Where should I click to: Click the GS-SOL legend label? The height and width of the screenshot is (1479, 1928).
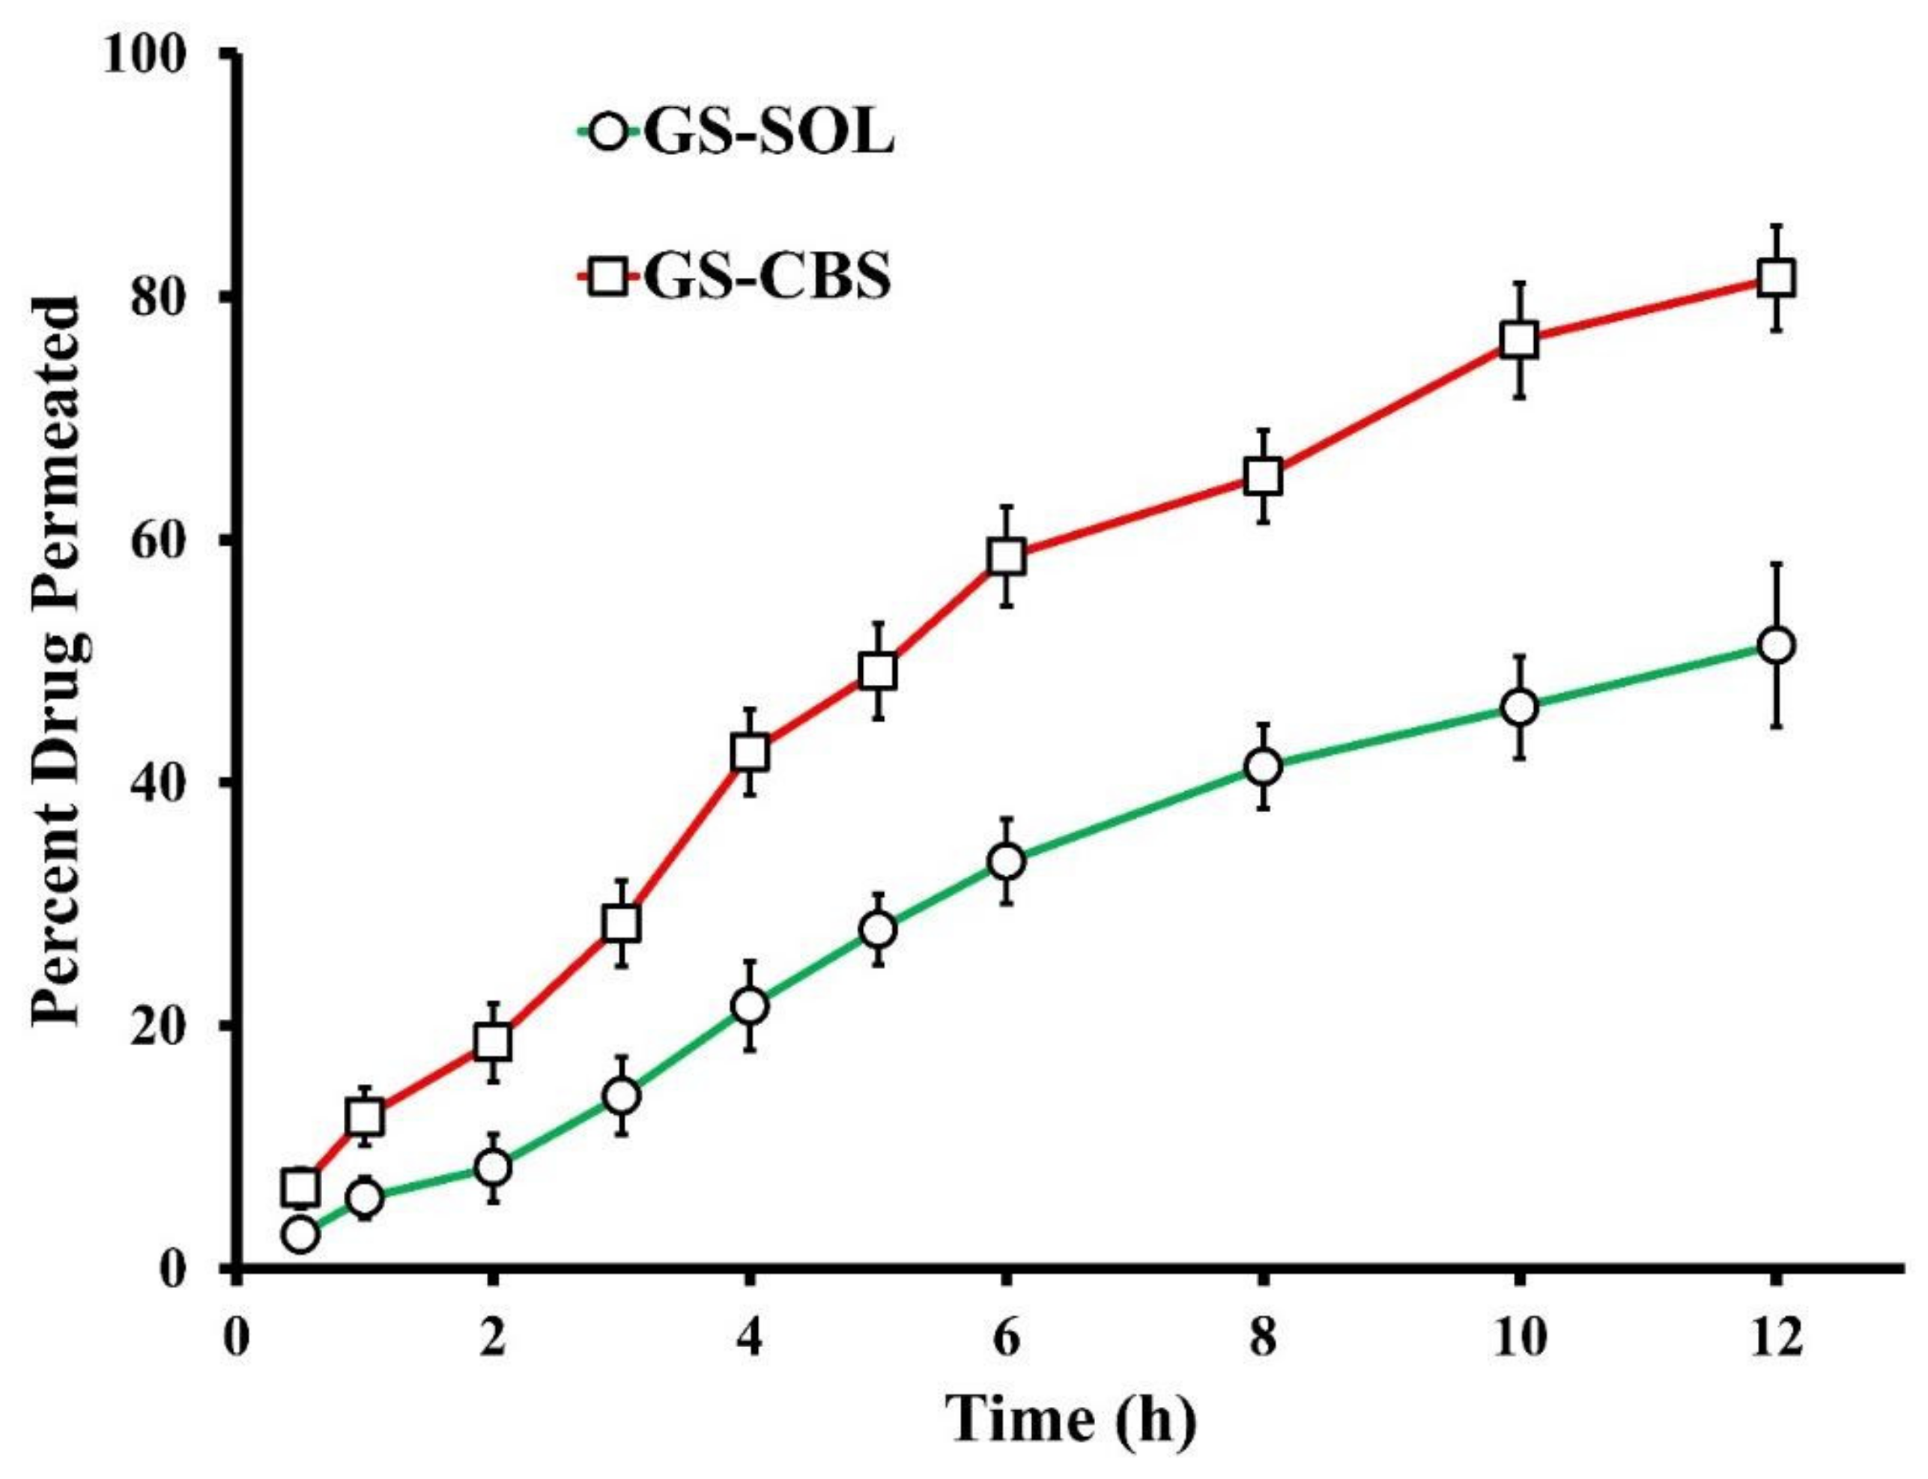coord(767,134)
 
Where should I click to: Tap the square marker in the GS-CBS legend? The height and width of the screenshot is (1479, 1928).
coord(607,277)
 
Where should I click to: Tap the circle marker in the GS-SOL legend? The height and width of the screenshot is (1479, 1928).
coord(607,134)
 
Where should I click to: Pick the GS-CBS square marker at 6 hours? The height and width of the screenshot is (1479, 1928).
coord(1007,557)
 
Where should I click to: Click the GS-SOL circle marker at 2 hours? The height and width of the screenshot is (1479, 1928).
coord(493,1167)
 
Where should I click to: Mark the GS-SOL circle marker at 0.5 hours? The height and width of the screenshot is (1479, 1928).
coord(300,1235)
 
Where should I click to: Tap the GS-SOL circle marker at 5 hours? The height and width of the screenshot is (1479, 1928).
coord(878,930)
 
